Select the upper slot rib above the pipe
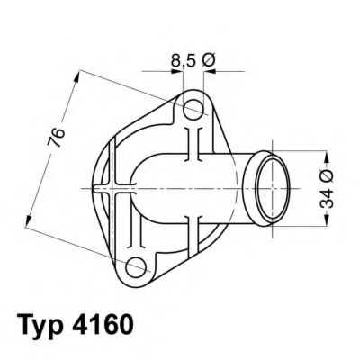pos(192,144)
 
